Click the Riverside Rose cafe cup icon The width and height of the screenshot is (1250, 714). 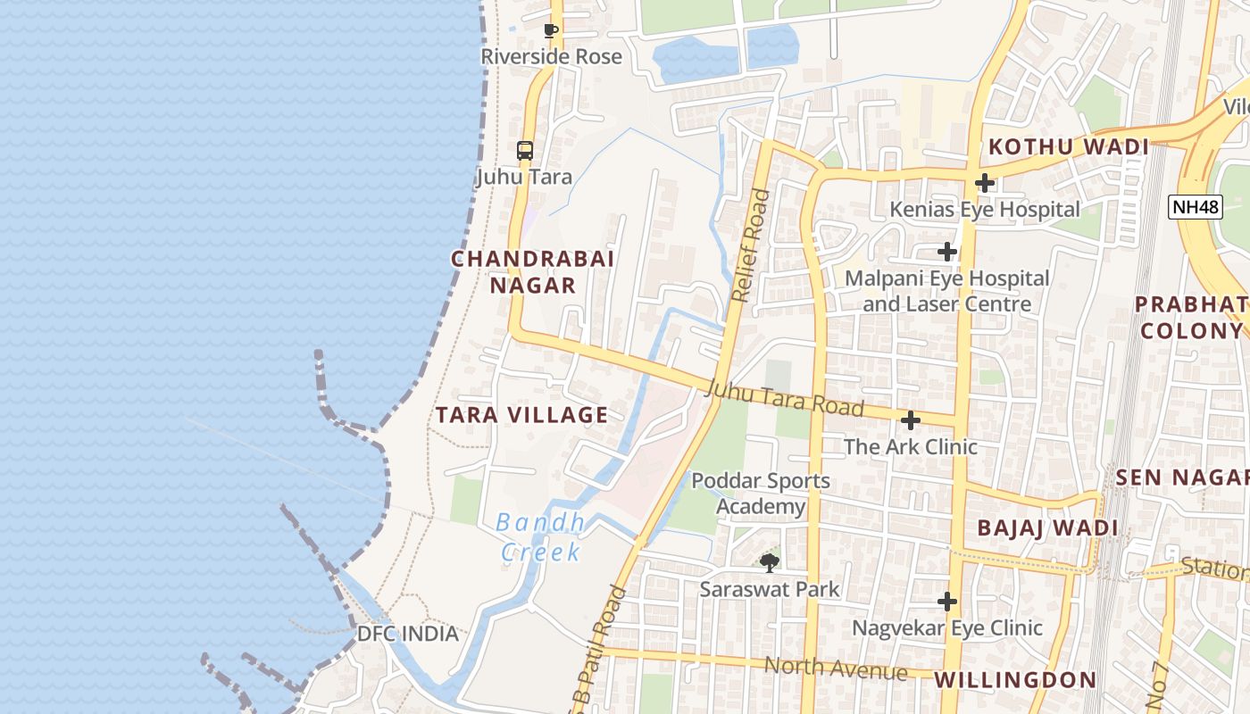551,30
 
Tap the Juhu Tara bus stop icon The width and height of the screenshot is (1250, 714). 525,151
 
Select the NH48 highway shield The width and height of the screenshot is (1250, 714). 1195,207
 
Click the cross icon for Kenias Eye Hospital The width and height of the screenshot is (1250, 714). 985,183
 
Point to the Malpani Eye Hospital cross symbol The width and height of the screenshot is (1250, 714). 947,252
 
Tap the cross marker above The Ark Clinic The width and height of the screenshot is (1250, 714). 911,419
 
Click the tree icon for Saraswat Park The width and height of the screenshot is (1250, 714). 769,562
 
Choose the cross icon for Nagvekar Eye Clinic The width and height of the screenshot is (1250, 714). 947,602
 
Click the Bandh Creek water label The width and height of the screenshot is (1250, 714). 540,537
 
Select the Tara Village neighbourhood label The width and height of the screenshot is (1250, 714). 522,415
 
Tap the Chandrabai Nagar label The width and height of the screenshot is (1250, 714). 532,272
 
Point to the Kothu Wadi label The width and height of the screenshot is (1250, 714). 1068,147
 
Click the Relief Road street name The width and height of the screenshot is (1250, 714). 748,245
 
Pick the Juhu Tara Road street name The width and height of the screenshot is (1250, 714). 784,398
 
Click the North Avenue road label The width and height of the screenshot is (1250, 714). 835,668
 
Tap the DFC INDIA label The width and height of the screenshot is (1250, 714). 407,634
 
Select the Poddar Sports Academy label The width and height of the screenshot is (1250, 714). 761,494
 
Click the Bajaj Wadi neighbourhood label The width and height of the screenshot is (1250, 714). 1047,527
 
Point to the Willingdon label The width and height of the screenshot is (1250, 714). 1015,680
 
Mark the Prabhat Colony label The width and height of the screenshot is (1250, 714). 1192,318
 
